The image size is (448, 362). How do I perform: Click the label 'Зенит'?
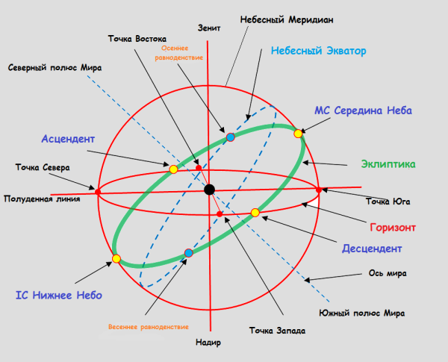click(x=210, y=28)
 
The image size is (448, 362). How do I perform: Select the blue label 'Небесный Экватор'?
click(x=318, y=52)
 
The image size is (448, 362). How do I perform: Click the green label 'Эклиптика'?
click(x=388, y=163)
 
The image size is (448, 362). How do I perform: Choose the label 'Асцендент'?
click(x=67, y=140)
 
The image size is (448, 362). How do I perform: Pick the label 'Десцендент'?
click(x=373, y=248)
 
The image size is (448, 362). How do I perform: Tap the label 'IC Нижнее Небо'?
click(x=58, y=296)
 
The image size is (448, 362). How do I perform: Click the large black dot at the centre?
click(x=210, y=190)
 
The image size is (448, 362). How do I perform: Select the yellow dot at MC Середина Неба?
click(x=298, y=134)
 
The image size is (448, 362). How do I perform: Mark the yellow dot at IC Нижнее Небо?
click(x=116, y=258)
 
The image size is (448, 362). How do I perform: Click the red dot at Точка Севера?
click(x=98, y=193)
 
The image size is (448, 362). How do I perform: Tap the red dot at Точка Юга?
click(x=319, y=190)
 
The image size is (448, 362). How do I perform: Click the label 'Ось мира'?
click(x=388, y=273)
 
